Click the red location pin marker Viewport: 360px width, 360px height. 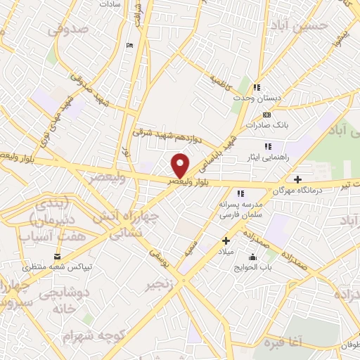pyautogui.click(x=181, y=165)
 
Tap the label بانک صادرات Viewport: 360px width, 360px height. pyautogui.click(x=266, y=125)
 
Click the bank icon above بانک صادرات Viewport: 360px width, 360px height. pyautogui.click(x=266, y=115)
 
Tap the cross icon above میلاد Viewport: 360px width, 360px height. pyautogui.click(x=225, y=241)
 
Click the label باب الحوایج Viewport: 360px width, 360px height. pyautogui.click(x=252, y=266)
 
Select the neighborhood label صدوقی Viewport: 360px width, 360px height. pyautogui.click(x=68, y=30)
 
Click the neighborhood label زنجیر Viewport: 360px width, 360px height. pyautogui.click(x=160, y=286)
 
